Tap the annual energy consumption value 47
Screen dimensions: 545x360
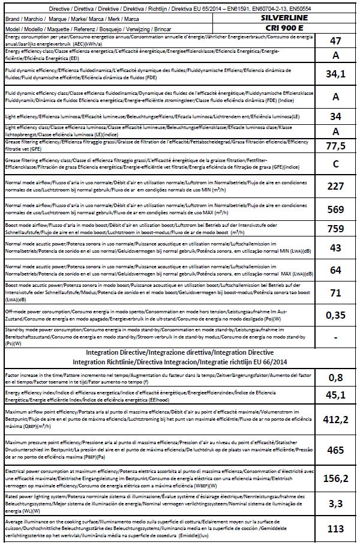(x=336, y=41)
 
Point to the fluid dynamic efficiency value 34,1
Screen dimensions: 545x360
(x=336, y=74)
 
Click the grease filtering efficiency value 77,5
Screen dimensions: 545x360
(x=336, y=146)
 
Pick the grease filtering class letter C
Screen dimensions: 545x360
(x=336, y=164)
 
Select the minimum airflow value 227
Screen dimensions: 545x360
(x=336, y=186)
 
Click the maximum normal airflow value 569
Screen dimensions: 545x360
(x=336, y=209)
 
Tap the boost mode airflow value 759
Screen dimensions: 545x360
(x=336, y=229)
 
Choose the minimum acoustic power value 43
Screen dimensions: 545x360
(x=336, y=247)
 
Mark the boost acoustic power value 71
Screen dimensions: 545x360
(x=336, y=292)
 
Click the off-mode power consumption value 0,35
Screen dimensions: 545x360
(x=336, y=315)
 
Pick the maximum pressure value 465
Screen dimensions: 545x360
(x=336, y=449)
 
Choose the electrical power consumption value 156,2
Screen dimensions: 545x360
(x=336, y=478)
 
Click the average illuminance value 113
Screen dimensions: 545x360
(x=336, y=529)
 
